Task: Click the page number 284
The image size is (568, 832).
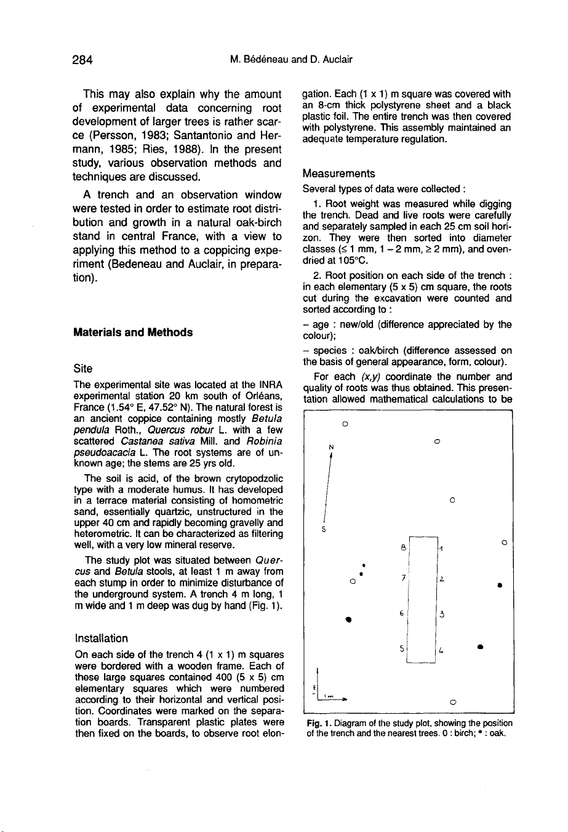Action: pos(82,60)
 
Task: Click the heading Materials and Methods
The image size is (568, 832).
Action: pos(132,333)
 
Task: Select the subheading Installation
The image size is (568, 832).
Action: pos(101,638)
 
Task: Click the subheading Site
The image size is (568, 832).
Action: pos(83,368)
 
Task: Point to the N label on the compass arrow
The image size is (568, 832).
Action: pos(331,446)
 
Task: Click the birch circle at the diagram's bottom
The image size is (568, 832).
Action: pos(452,701)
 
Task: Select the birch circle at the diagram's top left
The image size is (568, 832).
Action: pos(346,424)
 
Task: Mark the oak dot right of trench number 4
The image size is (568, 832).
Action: pos(479,647)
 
